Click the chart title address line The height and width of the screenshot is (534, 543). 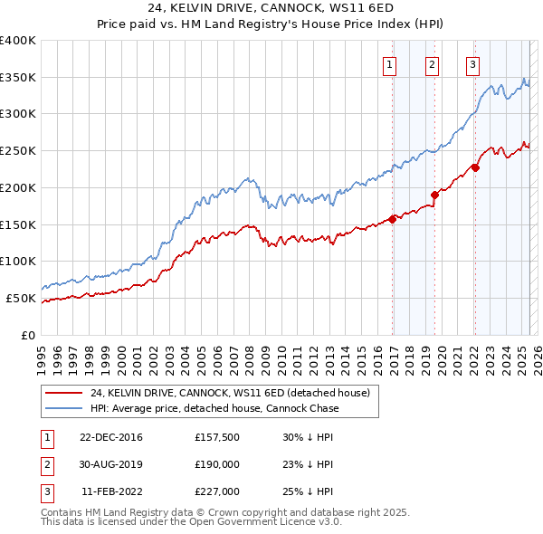[x=271, y=8]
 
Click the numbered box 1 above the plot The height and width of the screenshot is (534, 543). [x=389, y=63]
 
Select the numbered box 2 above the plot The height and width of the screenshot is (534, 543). [x=432, y=63]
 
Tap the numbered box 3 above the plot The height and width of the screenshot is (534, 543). [x=472, y=63]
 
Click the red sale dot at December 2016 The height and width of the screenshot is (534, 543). [x=393, y=218]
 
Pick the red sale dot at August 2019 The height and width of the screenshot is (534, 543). [x=435, y=194]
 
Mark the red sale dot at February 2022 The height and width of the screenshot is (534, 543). [x=475, y=167]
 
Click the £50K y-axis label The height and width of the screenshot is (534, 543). [x=22, y=298]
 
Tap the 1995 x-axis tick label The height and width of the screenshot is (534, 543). [x=42, y=353]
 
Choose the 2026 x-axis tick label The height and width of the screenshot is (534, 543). [x=536, y=353]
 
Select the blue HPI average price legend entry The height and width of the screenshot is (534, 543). [x=214, y=408]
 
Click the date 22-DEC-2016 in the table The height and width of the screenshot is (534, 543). [x=111, y=437]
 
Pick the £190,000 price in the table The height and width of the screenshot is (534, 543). [x=216, y=464]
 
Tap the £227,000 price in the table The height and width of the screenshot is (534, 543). [x=216, y=491]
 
